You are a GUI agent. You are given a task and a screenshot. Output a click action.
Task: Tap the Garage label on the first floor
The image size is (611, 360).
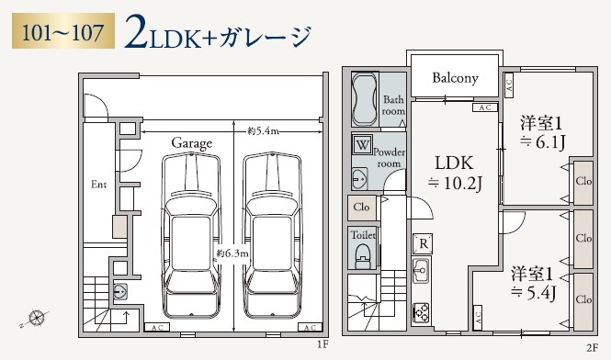[x=191, y=143]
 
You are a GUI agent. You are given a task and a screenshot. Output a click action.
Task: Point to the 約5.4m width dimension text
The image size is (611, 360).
[x=264, y=131]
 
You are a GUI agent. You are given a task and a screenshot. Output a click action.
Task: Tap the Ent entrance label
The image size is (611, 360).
[x=99, y=185]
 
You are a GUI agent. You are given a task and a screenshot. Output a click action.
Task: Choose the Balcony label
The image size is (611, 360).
[x=455, y=78]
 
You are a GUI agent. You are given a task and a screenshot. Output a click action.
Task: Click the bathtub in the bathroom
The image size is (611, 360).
[x=365, y=100]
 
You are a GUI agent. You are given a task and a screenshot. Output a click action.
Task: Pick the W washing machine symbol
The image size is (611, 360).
[x=363, y=146]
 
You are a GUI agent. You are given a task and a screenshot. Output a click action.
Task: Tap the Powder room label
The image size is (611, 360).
[x=390, y=155]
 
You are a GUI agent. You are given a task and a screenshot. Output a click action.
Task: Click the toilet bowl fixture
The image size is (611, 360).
[x=364, y=253]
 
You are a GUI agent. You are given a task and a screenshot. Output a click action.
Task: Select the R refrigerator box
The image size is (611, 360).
[x=423, y=243]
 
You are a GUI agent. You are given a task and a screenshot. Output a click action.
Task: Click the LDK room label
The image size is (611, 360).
[x=455, y=161]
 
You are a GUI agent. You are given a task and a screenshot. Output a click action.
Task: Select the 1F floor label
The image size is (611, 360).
[x=322, y=345]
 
